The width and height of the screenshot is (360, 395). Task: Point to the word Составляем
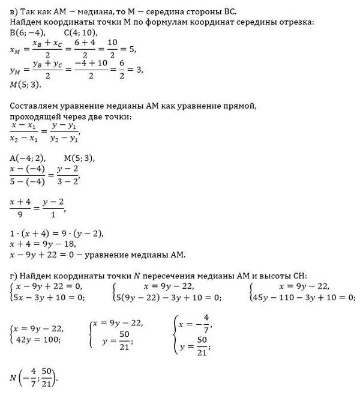click(37, 106)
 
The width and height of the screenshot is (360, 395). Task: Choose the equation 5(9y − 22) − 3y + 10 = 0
click(169, 297)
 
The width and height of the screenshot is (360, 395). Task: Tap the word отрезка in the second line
click(298, 22)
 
